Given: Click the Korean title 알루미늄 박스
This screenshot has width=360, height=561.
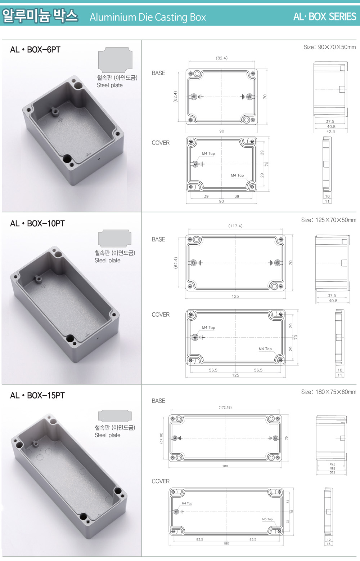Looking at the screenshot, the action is pos(40,16).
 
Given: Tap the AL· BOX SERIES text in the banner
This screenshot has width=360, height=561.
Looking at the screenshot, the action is pos(324,17).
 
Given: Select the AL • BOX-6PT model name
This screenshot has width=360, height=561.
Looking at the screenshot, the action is pos(35,50).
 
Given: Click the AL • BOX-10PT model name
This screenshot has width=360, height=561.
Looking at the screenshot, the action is pos(37,223).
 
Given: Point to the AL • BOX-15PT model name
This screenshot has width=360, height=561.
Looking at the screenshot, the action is pos(37,396).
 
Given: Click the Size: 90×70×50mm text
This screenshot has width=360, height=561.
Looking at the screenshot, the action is pos(330,47).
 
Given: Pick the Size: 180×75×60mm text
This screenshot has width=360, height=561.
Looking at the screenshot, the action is pos(328,392).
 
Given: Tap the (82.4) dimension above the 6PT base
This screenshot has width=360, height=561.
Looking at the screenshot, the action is pos(222,58).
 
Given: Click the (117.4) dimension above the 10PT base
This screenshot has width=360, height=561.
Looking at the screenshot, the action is pos(235,226).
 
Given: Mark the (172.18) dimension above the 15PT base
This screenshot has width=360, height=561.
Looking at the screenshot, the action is pos(225,408).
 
